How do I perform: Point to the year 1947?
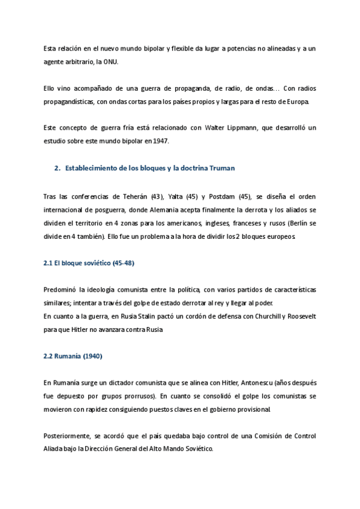pyautogui.click(x=161, y=140)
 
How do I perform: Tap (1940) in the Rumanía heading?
pyautogui.click(x=93, y=357)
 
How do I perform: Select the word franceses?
pyautogui.click(x=246, y=223)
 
